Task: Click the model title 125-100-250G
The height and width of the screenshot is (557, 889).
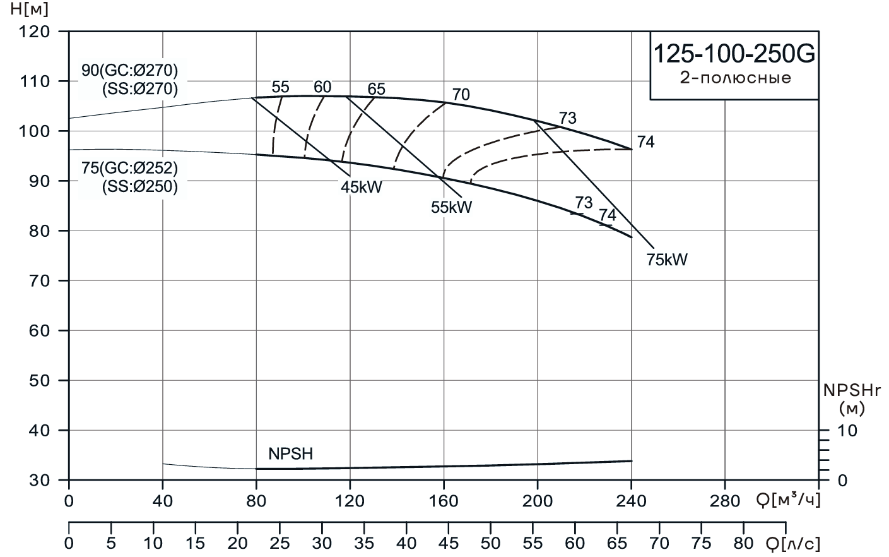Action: pyautogui.click(x=734, y=54)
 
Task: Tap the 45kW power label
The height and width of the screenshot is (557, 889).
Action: pyautogui.click(x=362, y=187)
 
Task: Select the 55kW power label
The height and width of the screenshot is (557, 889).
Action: pyautogui.click(x=451, y=207)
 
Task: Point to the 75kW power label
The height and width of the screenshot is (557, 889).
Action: pyautogui.click(x=667, y=260)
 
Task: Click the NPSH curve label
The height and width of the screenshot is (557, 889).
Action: pyautogui.click(x=290, y=453)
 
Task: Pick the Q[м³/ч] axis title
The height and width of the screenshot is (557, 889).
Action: pyautogui.click(x=788, y=501)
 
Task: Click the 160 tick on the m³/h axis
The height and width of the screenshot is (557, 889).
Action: pyautogui.click(x=444, y=501)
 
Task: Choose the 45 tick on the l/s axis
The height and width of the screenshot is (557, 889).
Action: pyautogui.click(x=449, y=543)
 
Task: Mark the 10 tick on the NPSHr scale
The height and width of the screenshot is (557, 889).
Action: pyautogui.click(x=848, y=431)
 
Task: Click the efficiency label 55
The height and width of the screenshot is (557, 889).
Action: pyautogui.click(x=280, y=87)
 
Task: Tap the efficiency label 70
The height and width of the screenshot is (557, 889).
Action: pyautogui.click(x=461, y=95)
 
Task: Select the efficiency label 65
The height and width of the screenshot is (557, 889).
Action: pyautogui.click(x=376, y=89)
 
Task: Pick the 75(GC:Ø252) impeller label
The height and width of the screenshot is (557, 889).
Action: pyautogui.click(x=130, y=169)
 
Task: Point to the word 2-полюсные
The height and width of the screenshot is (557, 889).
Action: pyautogui.click(x=734, y=79)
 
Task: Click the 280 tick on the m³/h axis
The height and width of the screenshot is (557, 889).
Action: pyautogui.click(x=724, y=501)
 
